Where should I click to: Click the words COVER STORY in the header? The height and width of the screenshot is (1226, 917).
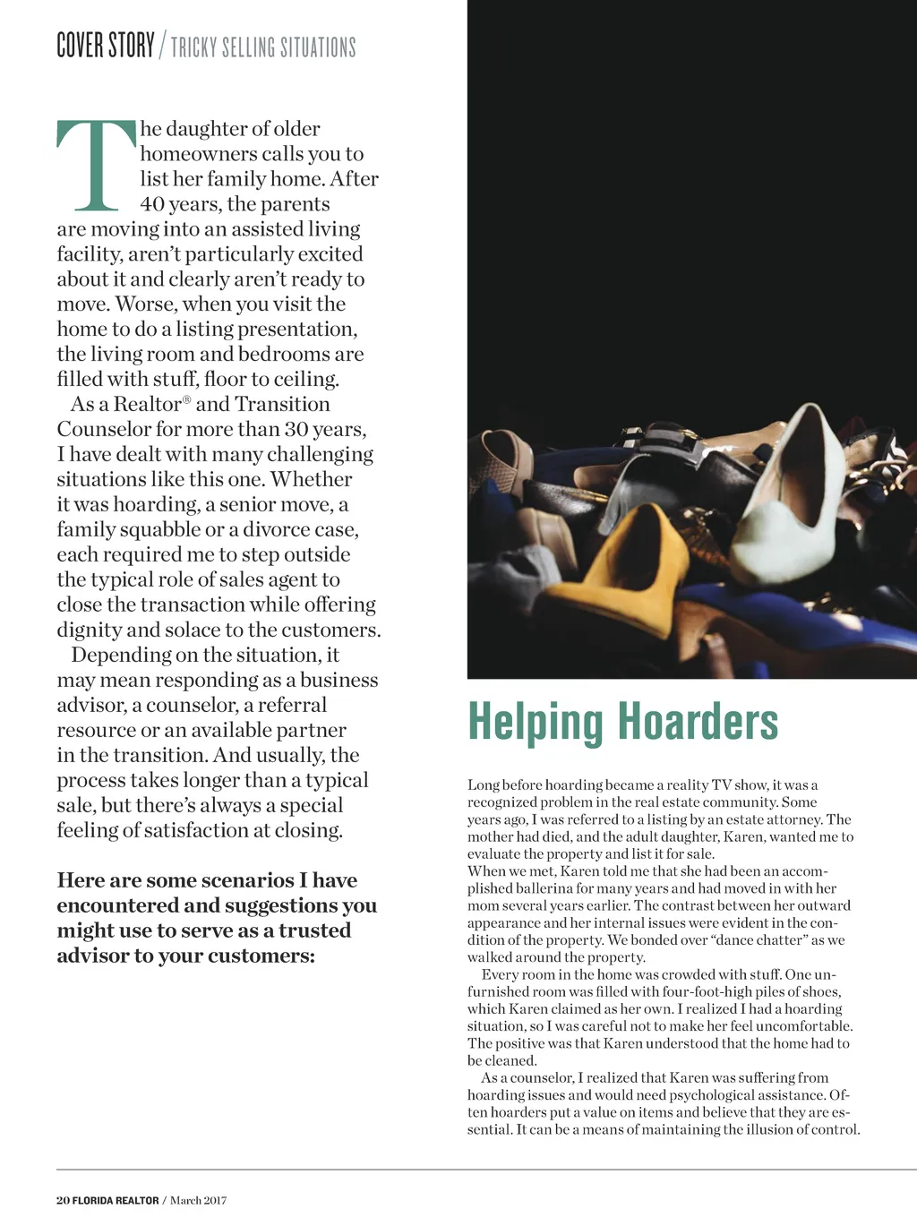point(105,45)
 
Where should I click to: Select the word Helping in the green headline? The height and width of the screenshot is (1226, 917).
point(535,724)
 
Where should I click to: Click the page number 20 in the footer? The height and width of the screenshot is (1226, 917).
point(63,1200)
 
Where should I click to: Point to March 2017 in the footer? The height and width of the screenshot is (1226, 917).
point(198,1200)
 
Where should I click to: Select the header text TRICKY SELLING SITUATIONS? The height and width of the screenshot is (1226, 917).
point(263,47)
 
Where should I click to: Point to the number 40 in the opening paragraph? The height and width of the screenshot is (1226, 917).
point(152,204)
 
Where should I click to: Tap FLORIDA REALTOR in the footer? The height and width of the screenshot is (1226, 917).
point(116,1200)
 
